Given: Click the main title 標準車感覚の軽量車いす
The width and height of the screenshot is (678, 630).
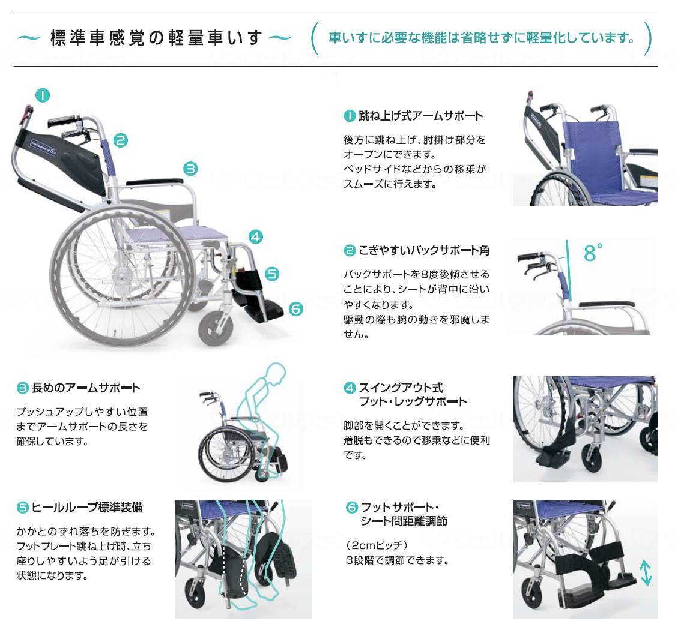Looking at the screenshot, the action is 156,38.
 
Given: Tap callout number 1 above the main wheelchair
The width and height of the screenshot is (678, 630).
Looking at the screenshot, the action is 43,95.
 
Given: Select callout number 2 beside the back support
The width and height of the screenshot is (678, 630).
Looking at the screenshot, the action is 121,140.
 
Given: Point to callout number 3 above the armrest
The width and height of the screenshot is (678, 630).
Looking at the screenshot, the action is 190,169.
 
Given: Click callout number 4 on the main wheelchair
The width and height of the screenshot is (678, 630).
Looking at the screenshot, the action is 256,237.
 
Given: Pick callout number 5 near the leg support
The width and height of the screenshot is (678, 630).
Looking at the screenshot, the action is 272,274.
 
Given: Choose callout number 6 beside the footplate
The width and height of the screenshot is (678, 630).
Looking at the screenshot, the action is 295,309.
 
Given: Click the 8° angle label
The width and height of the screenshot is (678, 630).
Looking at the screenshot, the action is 593,253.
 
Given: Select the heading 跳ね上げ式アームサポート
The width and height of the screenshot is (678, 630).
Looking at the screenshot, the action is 420,116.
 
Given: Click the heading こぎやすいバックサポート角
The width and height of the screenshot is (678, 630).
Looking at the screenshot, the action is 424,250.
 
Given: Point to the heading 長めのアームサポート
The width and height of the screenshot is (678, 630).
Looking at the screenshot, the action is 86,388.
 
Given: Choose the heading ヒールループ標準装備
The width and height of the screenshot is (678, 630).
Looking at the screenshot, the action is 87,507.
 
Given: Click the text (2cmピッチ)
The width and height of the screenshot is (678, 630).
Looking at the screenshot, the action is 377,545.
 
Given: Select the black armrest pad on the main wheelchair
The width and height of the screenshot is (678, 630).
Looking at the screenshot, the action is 154,182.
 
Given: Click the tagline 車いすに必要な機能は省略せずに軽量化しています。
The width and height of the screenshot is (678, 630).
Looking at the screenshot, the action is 481,38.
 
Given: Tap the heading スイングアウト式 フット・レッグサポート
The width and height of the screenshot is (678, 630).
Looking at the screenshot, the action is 413,395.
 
